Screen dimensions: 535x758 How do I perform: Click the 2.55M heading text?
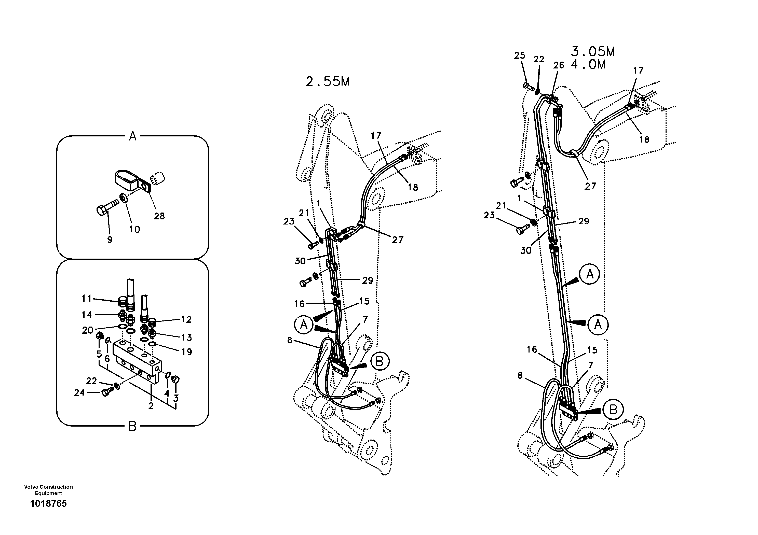(x=327, y=82)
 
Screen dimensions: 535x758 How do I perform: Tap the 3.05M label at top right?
(x=593, y=52)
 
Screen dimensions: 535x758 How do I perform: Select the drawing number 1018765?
(x=48, y=504)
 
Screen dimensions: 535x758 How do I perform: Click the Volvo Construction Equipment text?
(x=48, y=490)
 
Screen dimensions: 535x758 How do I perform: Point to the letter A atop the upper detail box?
(x=132, y=136)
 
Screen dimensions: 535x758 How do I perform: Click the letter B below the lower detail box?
(x=132, y=427)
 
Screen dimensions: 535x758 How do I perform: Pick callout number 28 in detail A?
(x=159, y=216)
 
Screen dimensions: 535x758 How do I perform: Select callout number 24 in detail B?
(x=79, y=392)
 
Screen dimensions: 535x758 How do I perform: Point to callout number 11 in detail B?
(x=87, y=299)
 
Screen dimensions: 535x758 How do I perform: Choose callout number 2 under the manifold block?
(x=151, y=406)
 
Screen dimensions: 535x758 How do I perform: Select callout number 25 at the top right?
(x=519, y=55)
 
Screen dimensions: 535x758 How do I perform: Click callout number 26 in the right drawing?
(x=559, y=65)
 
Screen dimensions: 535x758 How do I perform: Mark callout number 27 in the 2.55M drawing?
(x=398, y=240)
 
